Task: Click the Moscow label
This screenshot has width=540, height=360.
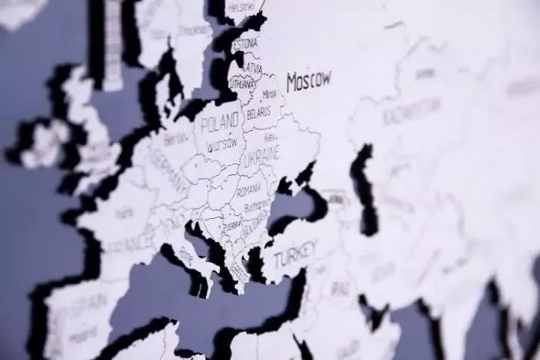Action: click(x=309, y=80)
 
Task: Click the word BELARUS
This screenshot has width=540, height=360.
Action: click(x=258, y=113)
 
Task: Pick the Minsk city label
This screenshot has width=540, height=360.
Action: click(x=269, y=94)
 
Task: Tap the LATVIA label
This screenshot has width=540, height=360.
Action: click(x=251, y=68)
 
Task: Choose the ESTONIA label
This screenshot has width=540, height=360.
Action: click(x=245, y=44)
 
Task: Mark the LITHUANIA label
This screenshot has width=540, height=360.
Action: click(x=241, y=82)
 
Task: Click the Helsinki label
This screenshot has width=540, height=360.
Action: click(x=243, y=8)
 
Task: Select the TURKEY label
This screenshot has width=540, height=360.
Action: click(x=295, y=254)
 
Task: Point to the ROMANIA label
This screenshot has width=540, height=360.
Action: click(x=249, y=190)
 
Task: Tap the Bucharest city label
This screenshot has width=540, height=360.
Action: click(x=256, y=207)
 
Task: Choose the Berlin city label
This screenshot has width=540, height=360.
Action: click(x=176, y=140)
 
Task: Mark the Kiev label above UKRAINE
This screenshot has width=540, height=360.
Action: click(x=271, y=137)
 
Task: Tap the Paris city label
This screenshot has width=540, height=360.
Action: click(x=123, y=213)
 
